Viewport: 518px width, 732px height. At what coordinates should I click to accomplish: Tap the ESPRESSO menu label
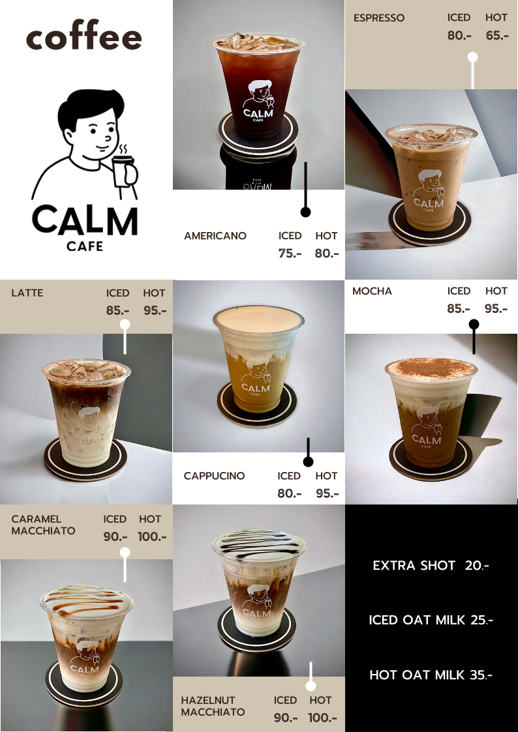[379, 18]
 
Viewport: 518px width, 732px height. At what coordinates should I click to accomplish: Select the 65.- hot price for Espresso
[497, 35]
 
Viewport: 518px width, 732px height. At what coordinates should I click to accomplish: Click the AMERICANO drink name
[215, 236]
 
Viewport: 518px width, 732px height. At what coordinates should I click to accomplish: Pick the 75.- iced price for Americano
[290, 254]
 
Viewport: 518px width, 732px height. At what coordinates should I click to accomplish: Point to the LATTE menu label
[27, 293]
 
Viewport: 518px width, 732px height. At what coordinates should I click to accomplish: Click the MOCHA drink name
[372, 291]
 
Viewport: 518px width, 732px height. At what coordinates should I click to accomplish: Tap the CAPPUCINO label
[214, 476]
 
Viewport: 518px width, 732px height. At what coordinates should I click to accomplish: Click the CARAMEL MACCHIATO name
[43, 525]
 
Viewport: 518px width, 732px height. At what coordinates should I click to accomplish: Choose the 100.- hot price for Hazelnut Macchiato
[322, 718]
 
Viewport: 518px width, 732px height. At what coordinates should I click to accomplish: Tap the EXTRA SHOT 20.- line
[431, 566]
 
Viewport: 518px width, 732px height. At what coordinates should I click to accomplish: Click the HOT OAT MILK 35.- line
[431, 675]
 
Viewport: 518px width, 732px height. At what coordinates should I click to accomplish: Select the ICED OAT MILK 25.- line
[431, 621]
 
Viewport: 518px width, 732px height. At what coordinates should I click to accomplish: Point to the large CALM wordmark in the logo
[85, 221]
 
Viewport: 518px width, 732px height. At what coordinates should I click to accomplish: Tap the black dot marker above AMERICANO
[305, 212]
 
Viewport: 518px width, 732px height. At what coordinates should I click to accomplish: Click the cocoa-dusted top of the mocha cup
[431, 368]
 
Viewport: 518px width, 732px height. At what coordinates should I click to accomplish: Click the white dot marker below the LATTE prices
[125, 325]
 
